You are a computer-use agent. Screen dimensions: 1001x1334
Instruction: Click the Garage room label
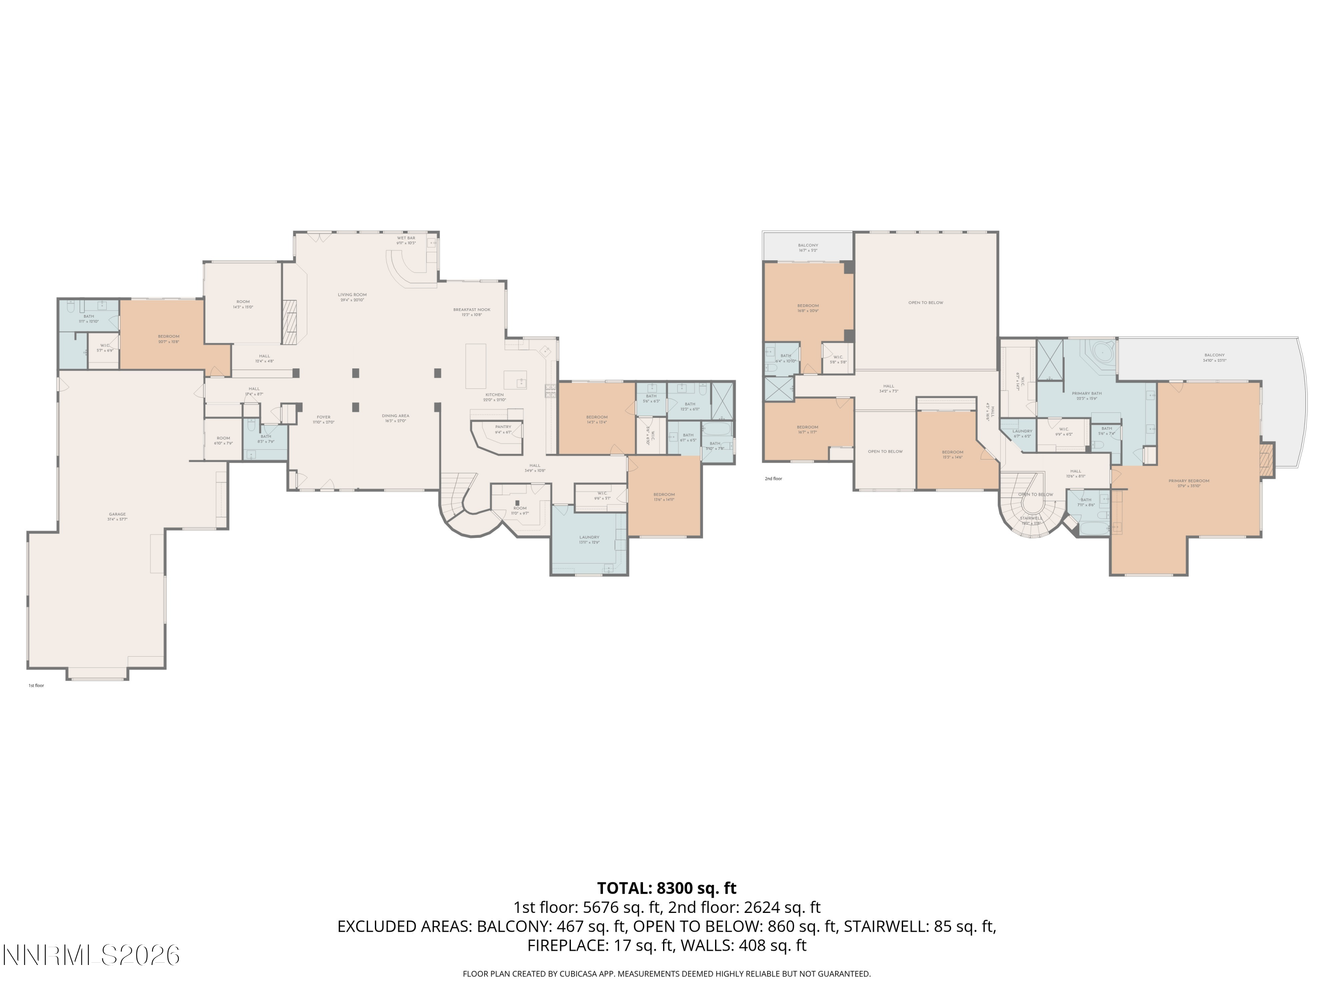(117, 514)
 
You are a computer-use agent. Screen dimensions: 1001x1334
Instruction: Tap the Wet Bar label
(406, 238)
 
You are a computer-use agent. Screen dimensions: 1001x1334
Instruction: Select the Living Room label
(352, 295)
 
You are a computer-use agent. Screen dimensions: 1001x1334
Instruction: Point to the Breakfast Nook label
(472, 310)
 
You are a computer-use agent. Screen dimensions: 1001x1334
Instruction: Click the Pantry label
(503, 427)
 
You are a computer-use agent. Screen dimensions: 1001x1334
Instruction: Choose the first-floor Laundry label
(589, 537)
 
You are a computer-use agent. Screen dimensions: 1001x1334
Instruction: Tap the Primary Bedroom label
(1189, 481)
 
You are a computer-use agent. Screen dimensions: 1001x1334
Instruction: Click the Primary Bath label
(1087, 393)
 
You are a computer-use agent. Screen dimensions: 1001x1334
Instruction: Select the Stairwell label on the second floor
(1031, 518)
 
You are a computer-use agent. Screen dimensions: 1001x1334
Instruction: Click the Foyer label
(323, 417)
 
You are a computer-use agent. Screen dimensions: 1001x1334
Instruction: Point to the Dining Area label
(396, 416)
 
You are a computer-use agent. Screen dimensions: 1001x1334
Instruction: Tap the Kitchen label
(494, 395)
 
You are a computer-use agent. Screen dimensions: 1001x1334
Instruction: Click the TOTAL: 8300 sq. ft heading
(667, 888)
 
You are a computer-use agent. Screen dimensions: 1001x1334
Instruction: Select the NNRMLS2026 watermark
(92, 955)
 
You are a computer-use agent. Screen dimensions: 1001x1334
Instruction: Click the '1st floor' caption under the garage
(36, 686)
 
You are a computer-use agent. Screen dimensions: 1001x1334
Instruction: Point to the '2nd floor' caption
(773, 478)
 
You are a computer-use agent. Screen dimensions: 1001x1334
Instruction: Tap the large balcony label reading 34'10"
(1214, 355)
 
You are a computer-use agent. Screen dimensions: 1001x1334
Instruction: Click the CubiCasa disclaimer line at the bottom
(667, 973)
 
